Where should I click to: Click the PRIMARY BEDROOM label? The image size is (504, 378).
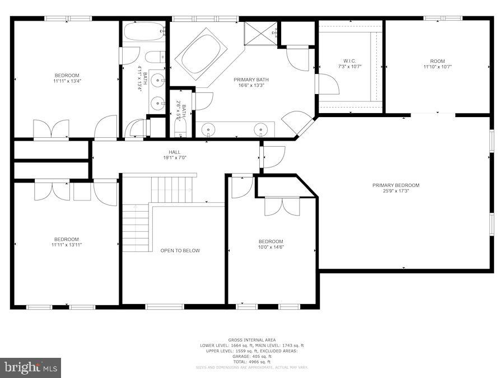[395, 185]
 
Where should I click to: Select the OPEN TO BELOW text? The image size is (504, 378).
[180, 250]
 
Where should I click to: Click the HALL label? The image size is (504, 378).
[174, 152]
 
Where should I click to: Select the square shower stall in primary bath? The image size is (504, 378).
[260, 33]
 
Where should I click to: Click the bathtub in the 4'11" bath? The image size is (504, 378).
[144, 31]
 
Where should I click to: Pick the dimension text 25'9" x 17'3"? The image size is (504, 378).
[395, 191]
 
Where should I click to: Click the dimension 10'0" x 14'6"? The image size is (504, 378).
[270, 247]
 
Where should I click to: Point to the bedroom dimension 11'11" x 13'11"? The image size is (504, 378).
[67, 245]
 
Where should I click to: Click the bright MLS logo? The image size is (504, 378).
[31, 368]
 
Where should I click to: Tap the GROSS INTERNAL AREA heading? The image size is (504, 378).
[251, 340]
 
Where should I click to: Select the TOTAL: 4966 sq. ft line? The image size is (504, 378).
[251, 362]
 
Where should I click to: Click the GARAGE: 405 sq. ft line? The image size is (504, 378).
[251, 356]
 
